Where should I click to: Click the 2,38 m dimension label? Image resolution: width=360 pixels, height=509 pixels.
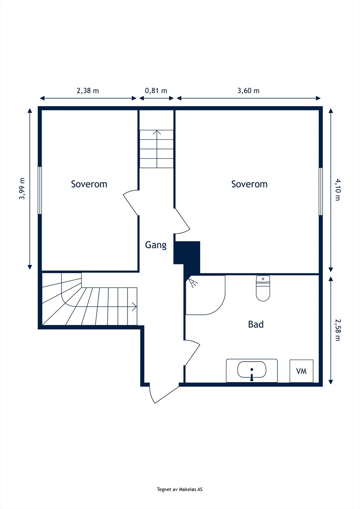[x=88, y=91]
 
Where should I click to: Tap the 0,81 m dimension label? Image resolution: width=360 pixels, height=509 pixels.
[x=156, y=91]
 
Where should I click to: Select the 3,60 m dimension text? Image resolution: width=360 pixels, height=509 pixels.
[x=248, y=91]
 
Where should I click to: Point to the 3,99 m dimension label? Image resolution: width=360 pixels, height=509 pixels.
[x=22, y=189]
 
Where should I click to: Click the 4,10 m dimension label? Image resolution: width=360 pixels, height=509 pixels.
[x=337, y=190]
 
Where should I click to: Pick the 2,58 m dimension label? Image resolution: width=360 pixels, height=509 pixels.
[x=337, y=330]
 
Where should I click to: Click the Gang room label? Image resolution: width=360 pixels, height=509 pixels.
[x=156, y=245]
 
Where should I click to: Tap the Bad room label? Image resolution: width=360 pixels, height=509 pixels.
[x=256, y=324]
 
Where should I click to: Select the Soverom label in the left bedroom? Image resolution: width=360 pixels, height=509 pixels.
[x=89, y=184]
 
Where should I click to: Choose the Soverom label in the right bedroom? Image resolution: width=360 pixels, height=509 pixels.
[x=249, y=184]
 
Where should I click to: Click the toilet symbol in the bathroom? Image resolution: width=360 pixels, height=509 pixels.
[x=263, y=288]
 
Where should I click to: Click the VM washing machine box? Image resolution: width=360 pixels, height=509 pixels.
[x=301, y=371]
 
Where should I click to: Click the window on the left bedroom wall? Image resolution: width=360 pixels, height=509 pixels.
[x=40, y=190]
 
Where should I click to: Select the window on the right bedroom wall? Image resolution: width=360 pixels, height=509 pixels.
[x=321, y=191]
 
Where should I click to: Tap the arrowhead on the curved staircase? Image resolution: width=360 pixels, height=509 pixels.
[x=135, y=307]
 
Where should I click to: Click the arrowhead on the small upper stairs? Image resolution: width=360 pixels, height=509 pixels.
[x=156, y=132]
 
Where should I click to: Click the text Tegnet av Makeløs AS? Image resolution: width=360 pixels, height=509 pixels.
[x=180, y=490]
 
